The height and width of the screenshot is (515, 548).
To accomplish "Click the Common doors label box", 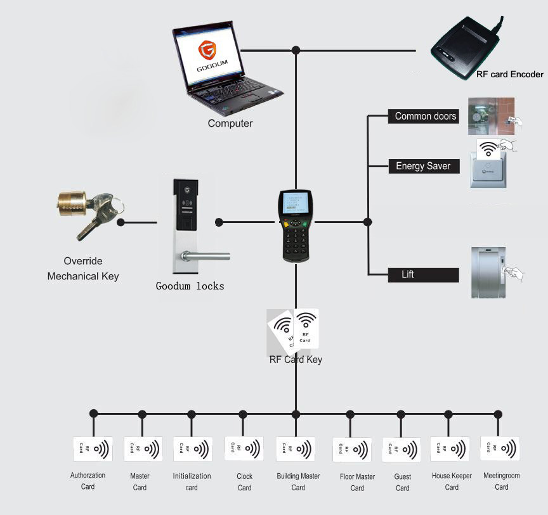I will [x=422, y=117].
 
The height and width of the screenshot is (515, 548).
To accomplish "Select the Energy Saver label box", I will [x=422, y=166].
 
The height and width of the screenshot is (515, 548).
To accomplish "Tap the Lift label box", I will [x=422, y=275].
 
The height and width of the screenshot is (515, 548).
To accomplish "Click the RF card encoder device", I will [x=464, y=48].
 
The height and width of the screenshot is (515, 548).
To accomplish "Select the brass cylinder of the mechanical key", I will [x=72, y=204].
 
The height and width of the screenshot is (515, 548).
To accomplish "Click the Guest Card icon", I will [x=401, y=450].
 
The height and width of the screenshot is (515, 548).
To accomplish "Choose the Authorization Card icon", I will [x=93, y=448].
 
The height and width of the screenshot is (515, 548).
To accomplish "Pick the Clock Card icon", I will [x=244, y=448].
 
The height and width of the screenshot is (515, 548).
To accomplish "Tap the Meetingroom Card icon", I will [x=500, y=448].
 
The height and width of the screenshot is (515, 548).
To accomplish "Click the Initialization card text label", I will [x=192, y=481].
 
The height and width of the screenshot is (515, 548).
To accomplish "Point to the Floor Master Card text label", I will [x=357, y=482].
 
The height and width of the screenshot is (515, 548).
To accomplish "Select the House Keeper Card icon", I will [x=450, y=448].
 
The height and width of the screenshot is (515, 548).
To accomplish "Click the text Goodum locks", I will [x=190, y=286].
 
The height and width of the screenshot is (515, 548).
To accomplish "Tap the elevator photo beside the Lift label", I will [x=488, y=272].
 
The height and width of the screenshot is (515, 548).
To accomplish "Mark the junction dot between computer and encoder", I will [x=296, y=50].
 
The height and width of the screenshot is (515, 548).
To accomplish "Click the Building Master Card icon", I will [x=296, y=448].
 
